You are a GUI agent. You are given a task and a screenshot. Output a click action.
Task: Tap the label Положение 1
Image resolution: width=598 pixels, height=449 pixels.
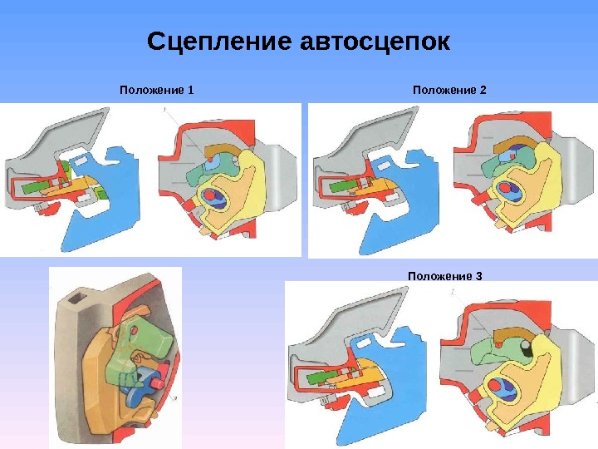click(156, 90)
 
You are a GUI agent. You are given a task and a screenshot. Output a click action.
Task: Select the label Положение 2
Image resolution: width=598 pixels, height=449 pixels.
click(449, 90)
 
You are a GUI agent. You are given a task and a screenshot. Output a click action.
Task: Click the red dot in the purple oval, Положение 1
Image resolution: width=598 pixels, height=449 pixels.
click(209, 196)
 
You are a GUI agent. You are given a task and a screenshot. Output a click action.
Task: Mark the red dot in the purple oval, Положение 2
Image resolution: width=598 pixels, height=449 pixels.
click(505, 189)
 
